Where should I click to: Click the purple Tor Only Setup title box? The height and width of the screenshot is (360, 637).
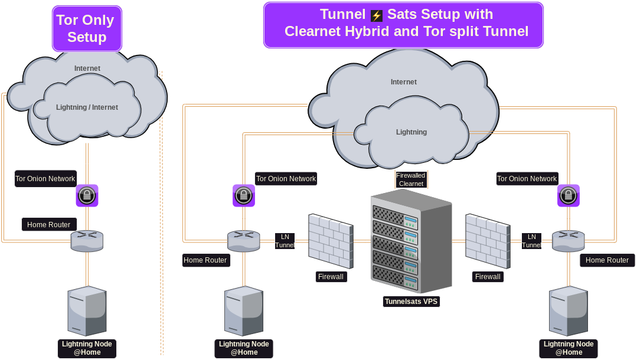tap(87, 28)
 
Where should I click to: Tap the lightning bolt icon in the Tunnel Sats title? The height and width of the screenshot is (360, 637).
tap(377, 15)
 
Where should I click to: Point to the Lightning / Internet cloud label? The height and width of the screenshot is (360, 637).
tap(87, 107)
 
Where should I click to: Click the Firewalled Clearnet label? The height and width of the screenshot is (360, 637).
tap(411, 179)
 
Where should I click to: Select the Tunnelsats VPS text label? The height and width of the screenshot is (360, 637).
tap(411, 302)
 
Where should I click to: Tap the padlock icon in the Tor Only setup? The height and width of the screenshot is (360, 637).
tap(87, 195)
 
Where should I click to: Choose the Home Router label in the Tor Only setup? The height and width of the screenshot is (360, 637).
tap(49, 225)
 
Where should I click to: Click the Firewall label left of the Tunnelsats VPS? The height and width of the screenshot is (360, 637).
tap(331, 276)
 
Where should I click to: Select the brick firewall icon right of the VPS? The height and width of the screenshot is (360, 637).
tap(488, 240)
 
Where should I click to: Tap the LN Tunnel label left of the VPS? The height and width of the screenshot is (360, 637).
tap(285, 241)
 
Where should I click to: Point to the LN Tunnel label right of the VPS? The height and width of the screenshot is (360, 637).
tap(531, 241)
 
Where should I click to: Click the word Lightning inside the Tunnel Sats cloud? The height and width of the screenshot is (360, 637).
tap(411, 132)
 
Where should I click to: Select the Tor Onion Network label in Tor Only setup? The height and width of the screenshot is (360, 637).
tap(45, 179)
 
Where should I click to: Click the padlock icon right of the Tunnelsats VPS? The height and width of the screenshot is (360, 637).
tap(568, 195)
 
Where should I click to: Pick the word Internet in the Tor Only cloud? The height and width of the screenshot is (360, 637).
tap(87, 68)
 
